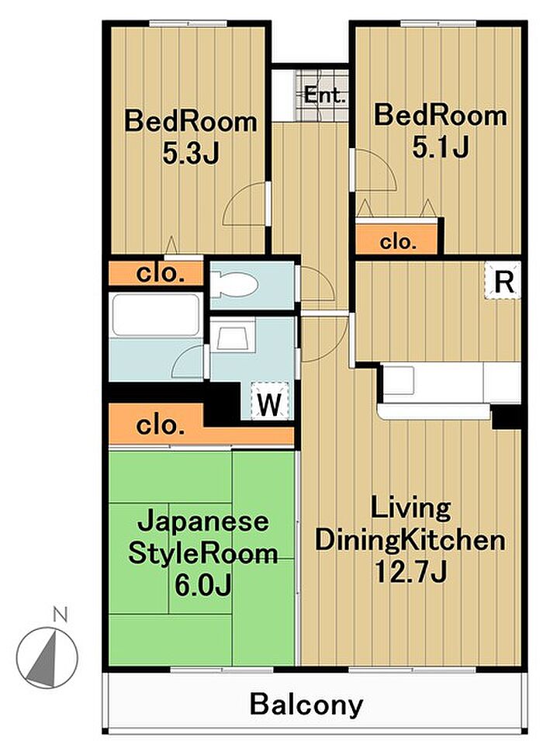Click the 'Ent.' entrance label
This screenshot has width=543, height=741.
325,95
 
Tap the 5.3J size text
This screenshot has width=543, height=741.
191,152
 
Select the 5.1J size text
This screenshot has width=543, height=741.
440,147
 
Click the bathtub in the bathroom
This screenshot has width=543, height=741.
155,315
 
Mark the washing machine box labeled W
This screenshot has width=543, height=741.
269,400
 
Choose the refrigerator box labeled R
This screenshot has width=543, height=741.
503,281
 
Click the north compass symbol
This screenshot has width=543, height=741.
47,657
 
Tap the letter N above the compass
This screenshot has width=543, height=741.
60,615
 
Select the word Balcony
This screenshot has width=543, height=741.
306,705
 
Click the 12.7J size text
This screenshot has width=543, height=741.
410,573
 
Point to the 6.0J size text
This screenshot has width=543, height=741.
202,585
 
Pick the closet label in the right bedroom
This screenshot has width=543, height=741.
398,242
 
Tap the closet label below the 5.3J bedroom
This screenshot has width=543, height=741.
161,273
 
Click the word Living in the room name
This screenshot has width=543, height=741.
410,508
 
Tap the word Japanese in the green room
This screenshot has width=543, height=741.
202,522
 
